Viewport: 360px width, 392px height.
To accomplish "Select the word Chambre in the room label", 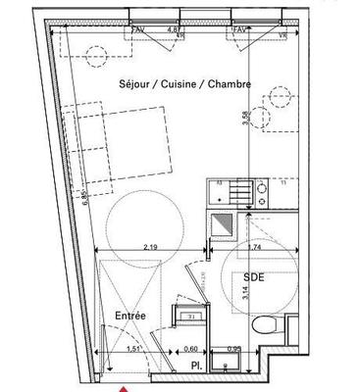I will pos(231,84).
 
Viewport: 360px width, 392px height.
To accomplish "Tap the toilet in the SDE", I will pos(262,327).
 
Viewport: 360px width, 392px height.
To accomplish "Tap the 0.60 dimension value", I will pos(193,349).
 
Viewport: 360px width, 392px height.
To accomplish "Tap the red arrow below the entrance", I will pos(124,387).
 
